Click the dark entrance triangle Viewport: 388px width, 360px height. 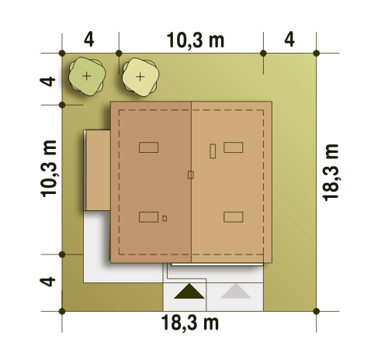point(189,292)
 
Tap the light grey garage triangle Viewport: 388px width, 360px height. point(236,292)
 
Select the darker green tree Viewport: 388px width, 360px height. point(87,76)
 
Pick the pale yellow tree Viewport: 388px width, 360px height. point(140,77)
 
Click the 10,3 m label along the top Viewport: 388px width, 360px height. point(196,40)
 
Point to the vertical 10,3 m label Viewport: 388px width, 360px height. point(49,168)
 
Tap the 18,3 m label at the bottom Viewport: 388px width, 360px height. point(190,323)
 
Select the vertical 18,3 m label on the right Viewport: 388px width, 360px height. point(331,172)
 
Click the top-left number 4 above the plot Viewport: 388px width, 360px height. point(89,40)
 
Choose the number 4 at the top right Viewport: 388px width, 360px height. point(289,40)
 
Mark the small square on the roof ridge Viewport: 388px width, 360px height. point(191,175)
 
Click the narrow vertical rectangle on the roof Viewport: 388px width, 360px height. point(213,151)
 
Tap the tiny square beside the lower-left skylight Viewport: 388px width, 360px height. point(165,219)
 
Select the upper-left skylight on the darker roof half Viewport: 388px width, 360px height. point(149,147)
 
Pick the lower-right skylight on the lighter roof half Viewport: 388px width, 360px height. point(234,217)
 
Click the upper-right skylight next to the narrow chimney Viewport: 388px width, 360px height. point(234,147)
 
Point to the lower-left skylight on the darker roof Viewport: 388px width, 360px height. point(149,217)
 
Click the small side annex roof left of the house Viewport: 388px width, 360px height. point(98,170)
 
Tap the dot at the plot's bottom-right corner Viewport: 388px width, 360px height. point(316,311)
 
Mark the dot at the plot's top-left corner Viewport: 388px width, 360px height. point(62,54)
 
